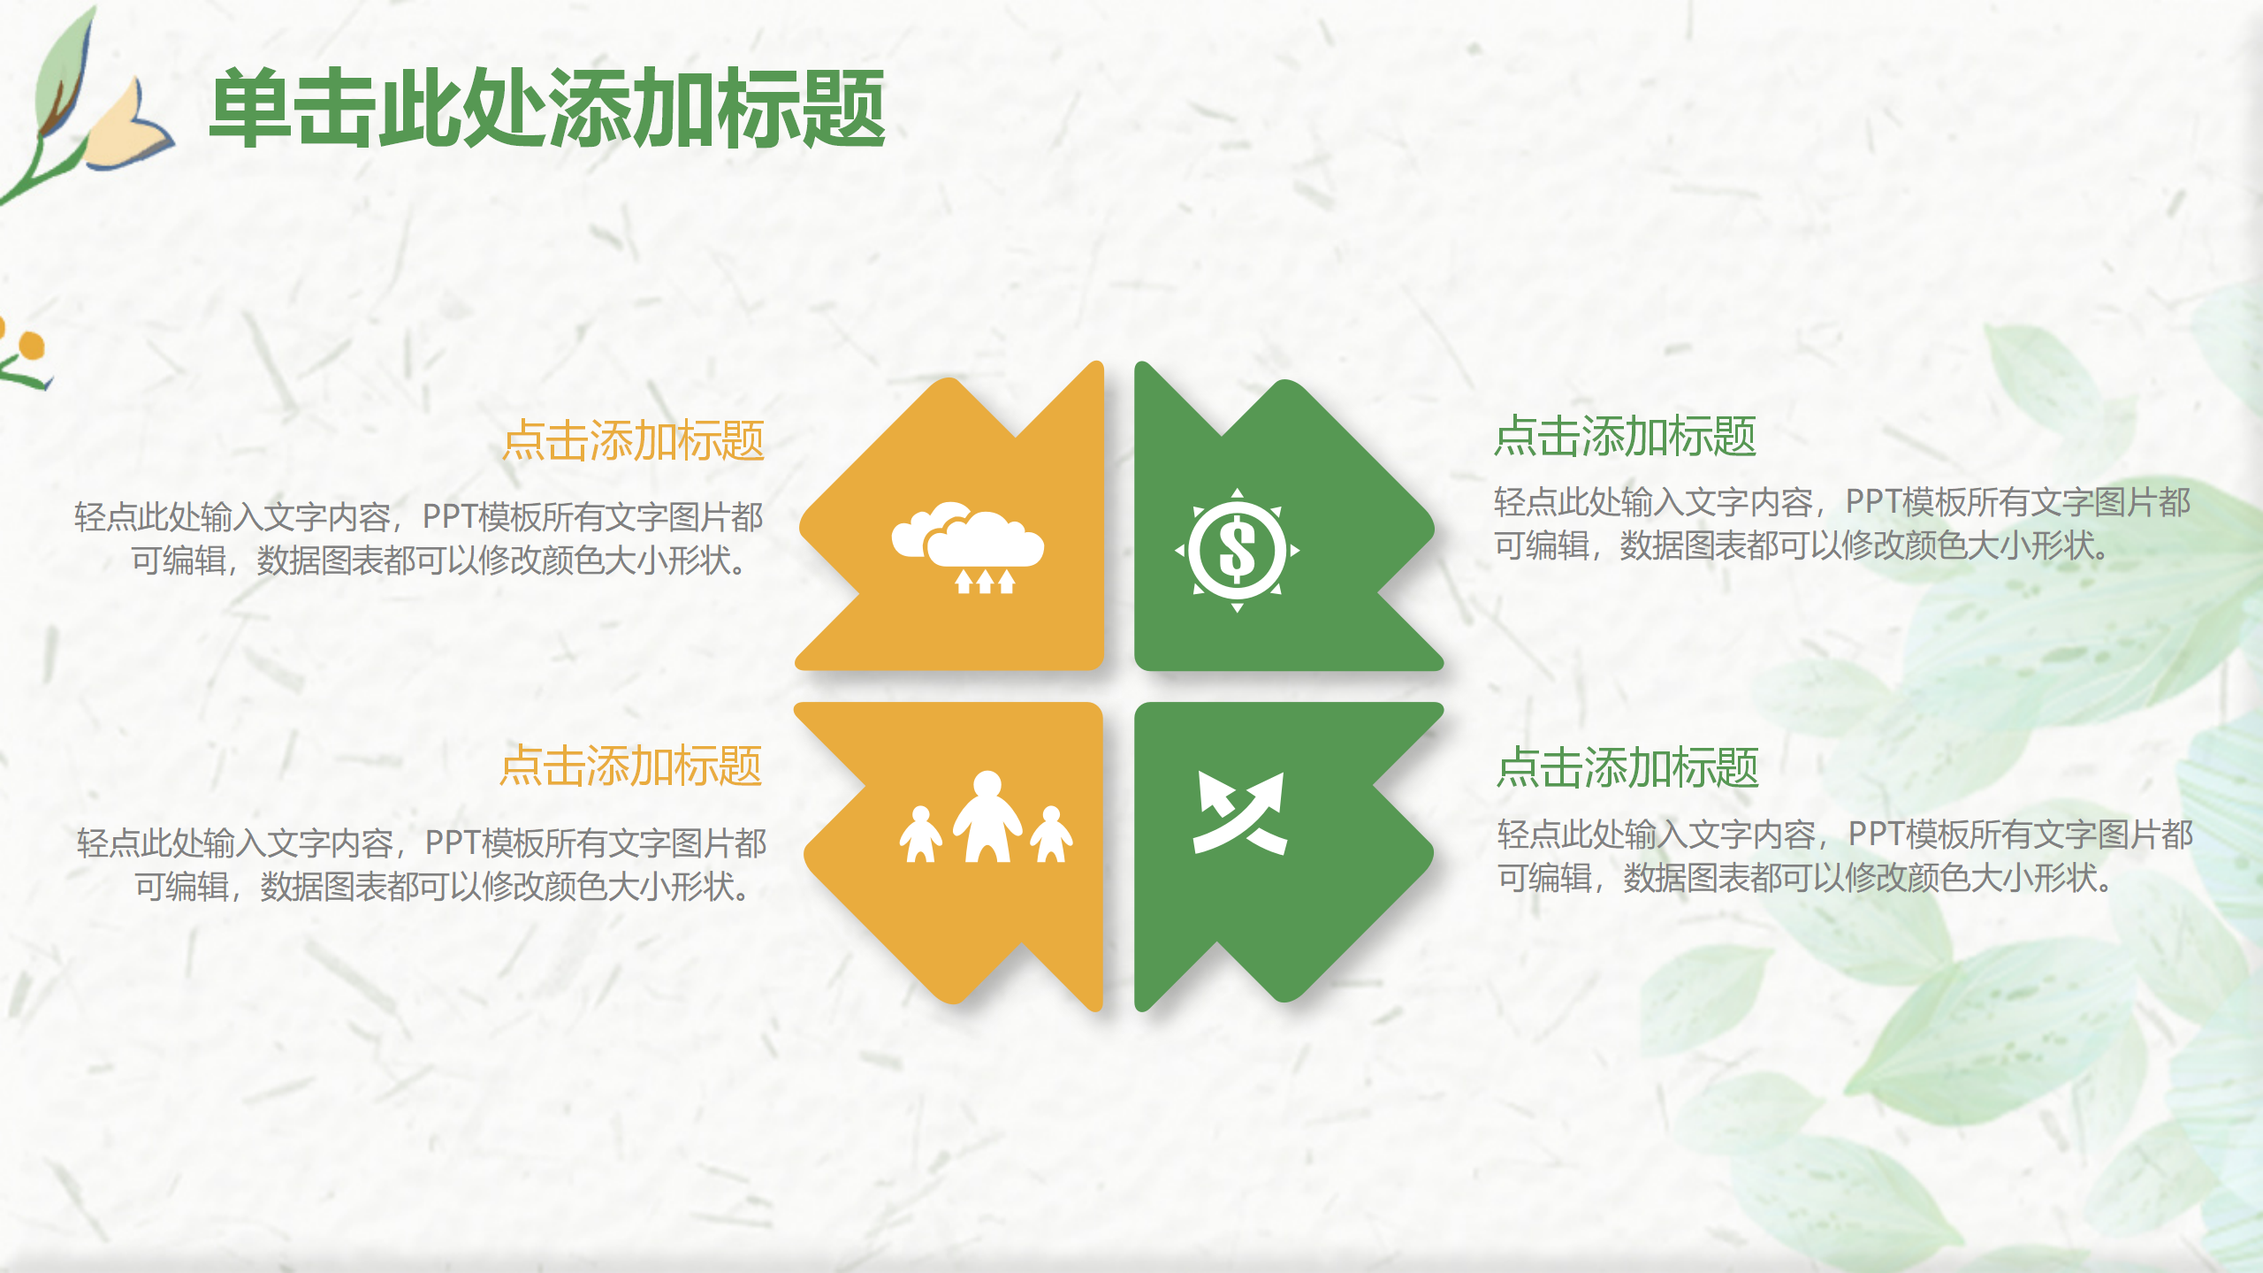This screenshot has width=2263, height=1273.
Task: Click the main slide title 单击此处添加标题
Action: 548,109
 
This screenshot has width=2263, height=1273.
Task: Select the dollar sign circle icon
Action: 1237,550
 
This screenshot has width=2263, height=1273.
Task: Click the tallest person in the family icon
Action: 987,818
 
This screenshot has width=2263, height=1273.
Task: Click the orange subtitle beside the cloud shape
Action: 633,440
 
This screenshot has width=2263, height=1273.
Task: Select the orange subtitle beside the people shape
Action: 630,766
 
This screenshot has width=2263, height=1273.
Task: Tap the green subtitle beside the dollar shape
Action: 1625,437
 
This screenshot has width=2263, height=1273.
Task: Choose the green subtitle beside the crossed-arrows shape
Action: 1627,767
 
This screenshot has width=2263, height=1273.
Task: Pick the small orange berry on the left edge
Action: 32,346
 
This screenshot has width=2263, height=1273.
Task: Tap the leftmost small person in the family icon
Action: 920,835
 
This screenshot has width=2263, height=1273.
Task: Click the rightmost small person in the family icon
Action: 1051,835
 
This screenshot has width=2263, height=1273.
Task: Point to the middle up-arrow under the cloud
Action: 985,582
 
